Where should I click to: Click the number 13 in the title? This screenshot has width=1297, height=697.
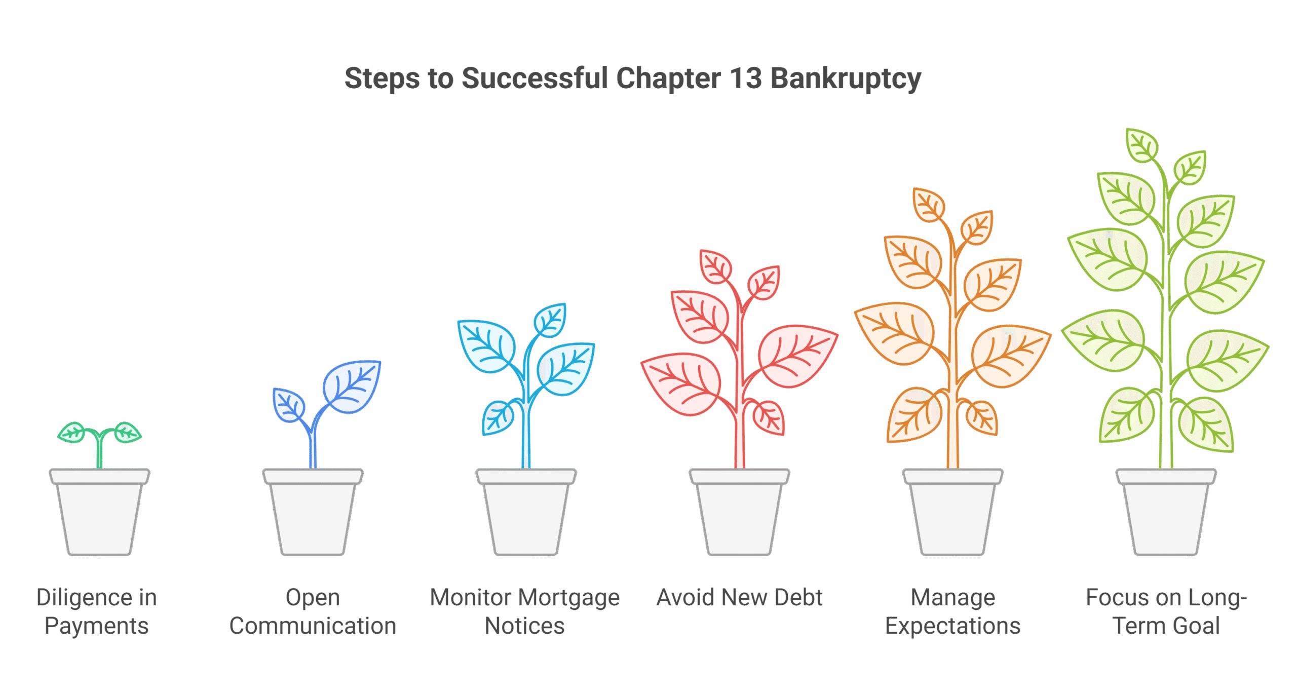point(745,79)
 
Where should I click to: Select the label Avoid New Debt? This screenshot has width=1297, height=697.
point(739,598)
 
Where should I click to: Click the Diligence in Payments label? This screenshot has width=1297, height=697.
point(97,612)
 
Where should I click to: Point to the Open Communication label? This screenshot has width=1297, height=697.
point(313,612)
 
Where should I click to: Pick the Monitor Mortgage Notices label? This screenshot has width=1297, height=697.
point(525,612)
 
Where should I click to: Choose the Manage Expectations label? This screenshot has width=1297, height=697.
point(952,612)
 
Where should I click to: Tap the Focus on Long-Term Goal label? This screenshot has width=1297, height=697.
point(1166,612)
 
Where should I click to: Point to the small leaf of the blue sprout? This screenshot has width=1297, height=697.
point(289,404)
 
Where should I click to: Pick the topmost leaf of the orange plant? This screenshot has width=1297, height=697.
point(929,205)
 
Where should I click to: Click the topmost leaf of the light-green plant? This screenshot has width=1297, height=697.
point(1141,145)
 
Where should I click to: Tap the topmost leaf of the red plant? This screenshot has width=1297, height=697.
point(715,266)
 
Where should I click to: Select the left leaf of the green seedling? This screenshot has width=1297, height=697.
point(72,433)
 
